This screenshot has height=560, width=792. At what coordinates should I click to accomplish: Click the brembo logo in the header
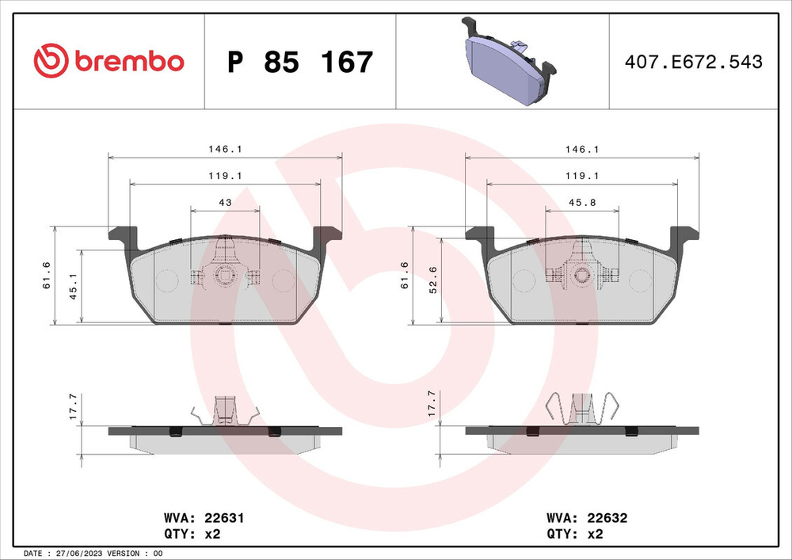(109, 61)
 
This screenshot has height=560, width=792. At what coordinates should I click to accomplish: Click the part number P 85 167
(299, 62)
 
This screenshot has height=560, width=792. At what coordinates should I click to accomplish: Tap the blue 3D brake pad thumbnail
(505, 60)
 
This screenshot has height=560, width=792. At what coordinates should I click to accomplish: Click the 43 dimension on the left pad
(225, 204)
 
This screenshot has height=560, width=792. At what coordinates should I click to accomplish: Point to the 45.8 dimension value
(582, 204)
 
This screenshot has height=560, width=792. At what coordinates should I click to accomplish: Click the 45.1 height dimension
(73, 286)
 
